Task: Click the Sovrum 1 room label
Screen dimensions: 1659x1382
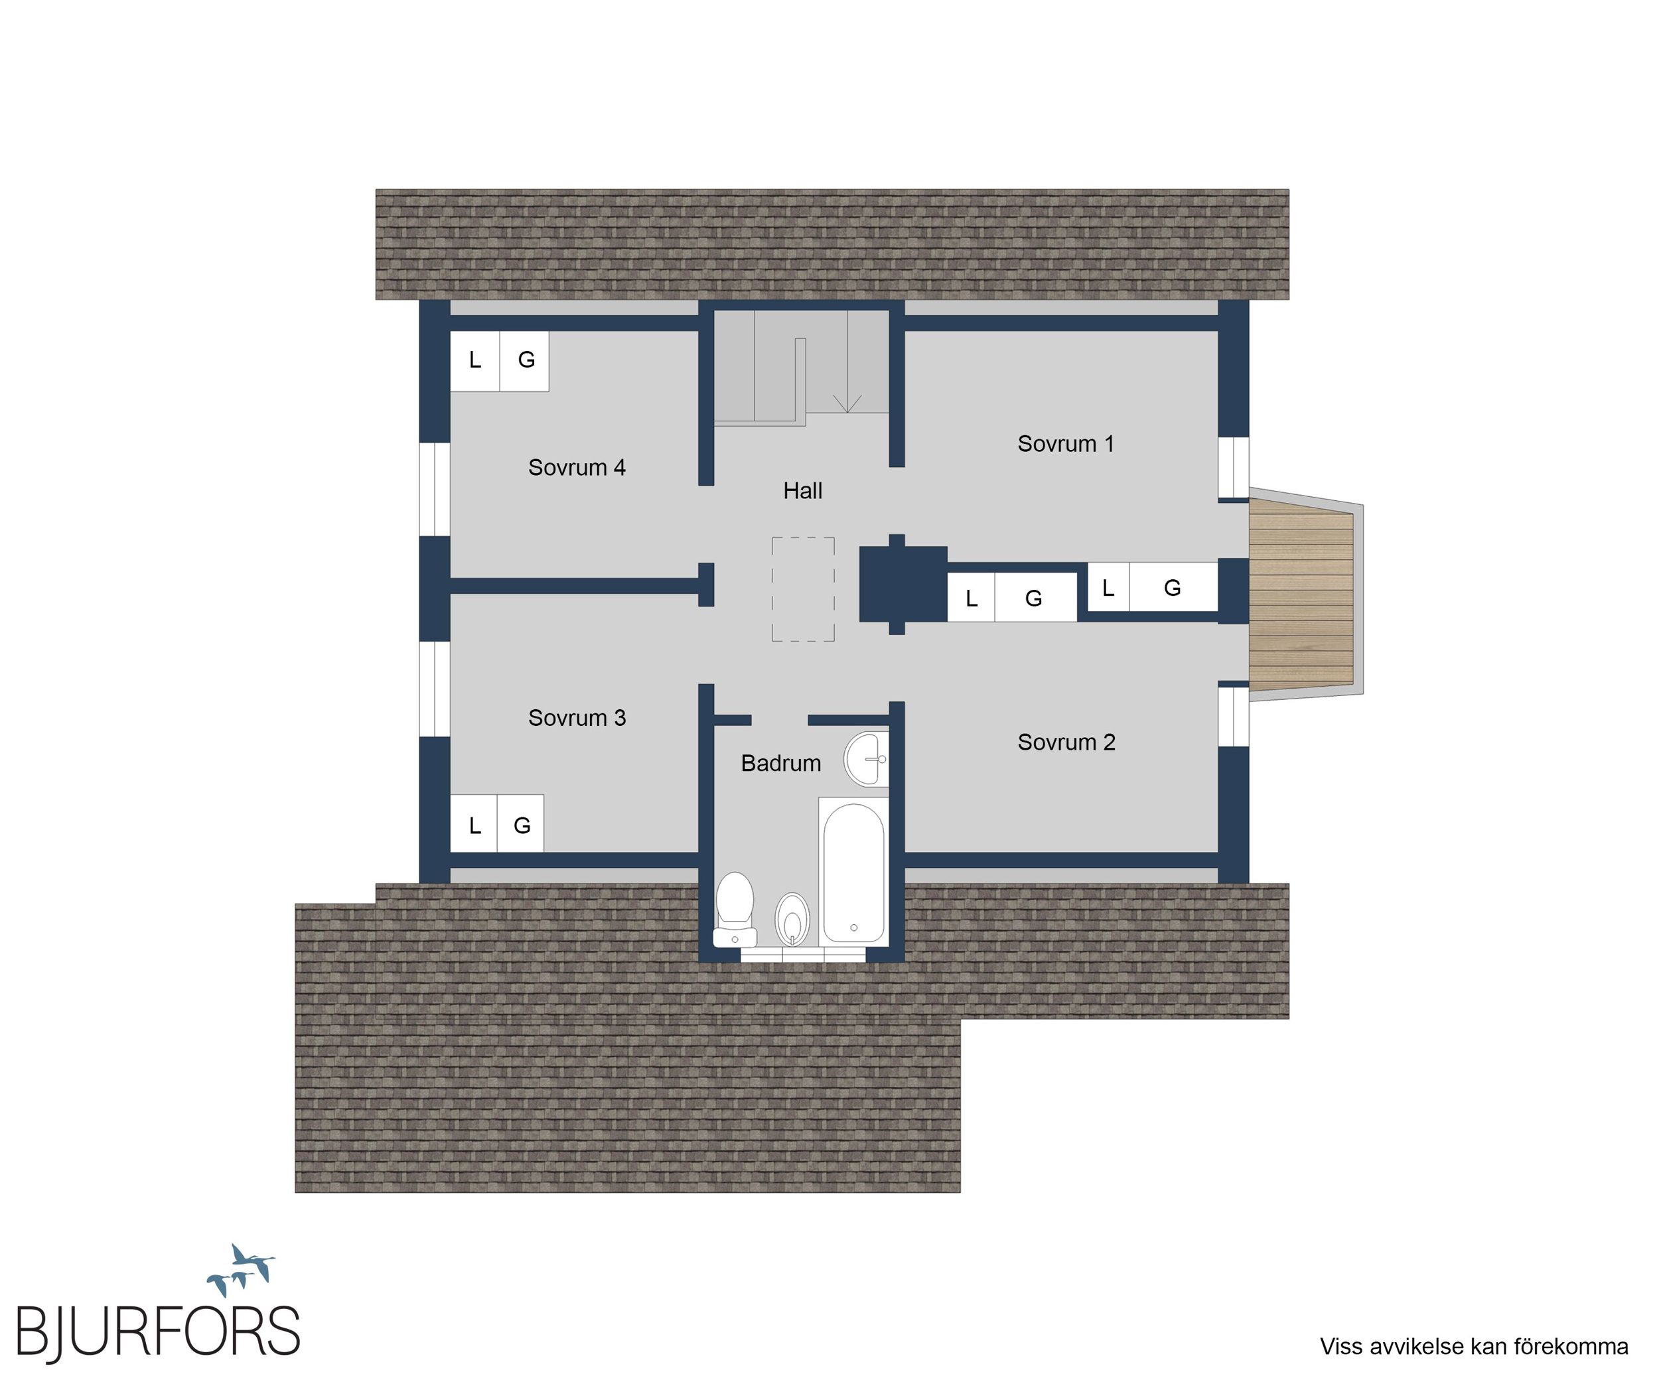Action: [1066, 444]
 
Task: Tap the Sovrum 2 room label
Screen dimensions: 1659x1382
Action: [1066, 742]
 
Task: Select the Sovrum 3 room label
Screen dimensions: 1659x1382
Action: [577, 718]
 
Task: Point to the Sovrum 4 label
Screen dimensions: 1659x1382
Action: [577, 468]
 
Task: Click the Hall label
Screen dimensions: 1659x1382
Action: [803, 490]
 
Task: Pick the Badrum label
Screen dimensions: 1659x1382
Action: [780, 763]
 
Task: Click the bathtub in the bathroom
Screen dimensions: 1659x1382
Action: [853, 872]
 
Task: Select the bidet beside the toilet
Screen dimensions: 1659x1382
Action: [792, 919]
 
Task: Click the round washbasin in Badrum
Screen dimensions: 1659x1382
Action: [867, 759]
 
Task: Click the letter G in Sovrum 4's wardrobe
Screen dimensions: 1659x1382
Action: [526, 360]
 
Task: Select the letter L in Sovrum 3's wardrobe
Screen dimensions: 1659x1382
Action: [474, 826]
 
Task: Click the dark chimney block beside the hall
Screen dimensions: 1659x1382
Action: [902, 585]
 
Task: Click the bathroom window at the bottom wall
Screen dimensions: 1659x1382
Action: [804, 955]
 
